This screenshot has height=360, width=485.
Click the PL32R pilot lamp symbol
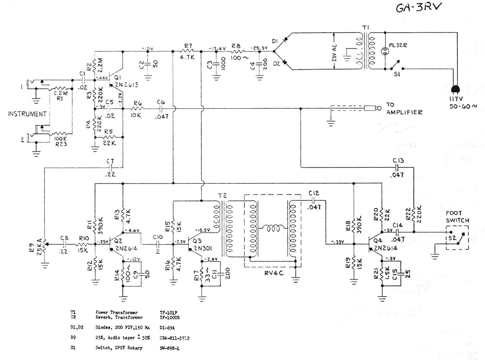tap(385, 51)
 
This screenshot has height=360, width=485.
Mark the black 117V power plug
tap(455, 89)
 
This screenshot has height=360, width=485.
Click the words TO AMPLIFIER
tap(404, 109)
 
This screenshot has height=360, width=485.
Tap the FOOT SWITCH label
tap(457, 217)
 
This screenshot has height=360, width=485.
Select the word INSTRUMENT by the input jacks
tap(27, 114)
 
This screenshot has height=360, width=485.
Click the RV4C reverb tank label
tap(274, 273)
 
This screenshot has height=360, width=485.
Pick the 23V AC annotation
tap(334, 53)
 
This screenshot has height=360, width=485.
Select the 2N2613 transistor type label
tap(126, 85)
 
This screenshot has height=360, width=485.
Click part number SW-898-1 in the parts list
tap(169, 348)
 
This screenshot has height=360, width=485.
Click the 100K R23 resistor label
tap(61, 141)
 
